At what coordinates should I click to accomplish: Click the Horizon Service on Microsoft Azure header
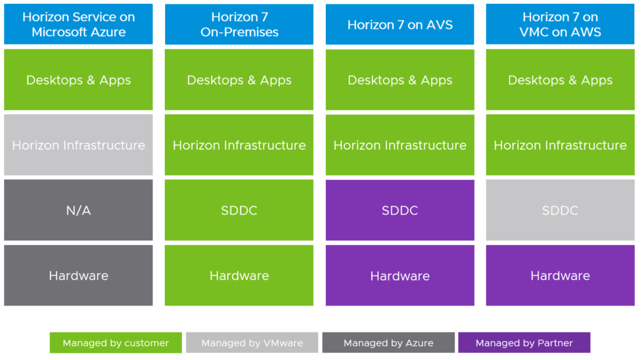[x=78, y=24]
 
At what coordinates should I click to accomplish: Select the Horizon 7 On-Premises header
[x=239, y=24]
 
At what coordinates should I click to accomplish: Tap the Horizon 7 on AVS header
[x=400, y=24]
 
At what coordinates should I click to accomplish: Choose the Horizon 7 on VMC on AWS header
[x=561, y=24]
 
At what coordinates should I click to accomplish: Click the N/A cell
[x=78, y=210]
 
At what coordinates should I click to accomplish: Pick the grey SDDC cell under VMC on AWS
[x=561, y=210]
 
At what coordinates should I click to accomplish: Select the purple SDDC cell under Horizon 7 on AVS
[x=400, y=210]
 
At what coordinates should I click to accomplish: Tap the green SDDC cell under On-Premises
[x=239, y=210]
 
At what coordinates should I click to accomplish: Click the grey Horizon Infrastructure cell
[x=78, y=145]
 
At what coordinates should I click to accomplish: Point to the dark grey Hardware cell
[x=78, y=275]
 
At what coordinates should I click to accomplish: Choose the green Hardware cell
[x=239, y=275]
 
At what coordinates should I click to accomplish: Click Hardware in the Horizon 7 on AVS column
[x=400, y=275]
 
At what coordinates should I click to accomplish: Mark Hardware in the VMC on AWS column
[x=561, y=275]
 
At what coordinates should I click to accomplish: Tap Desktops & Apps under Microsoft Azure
[x=78, y=80]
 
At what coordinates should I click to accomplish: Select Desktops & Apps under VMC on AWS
[x=561, y=80]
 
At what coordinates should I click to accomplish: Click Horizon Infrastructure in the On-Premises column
[x=239, y=145]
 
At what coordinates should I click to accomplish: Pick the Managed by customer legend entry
[x=116, y=342]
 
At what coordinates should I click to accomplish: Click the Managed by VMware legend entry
[x=252, y=342]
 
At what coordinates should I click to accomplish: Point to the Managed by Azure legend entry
[x=388, y=342]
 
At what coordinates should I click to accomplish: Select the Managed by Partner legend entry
[x=524, y=342]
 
